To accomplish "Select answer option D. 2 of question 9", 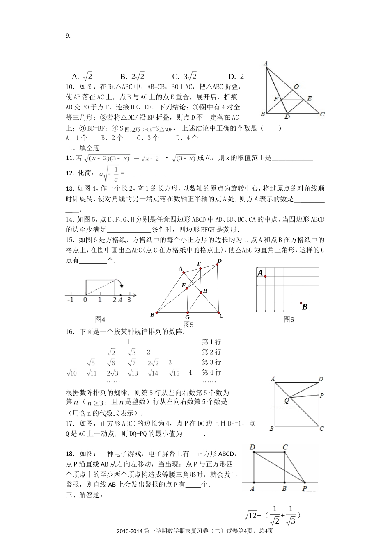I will [236, 77].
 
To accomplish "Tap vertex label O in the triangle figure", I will [296, 87].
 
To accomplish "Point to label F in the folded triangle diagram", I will [276, 99].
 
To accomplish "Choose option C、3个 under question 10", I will [148, 138].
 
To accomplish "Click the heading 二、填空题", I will [83, 148].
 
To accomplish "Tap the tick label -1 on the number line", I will [70, 300].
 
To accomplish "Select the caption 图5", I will [188, 325].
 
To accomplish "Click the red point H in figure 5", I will [202, 292].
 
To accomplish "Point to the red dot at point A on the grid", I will [266, 277].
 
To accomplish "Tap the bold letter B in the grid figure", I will [305, 307].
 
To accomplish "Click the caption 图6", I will [289, 320].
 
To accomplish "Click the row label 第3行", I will [211, 362].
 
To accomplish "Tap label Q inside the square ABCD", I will [287, 401].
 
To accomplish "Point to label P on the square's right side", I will [322, 395].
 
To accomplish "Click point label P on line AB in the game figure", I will [305, 489].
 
